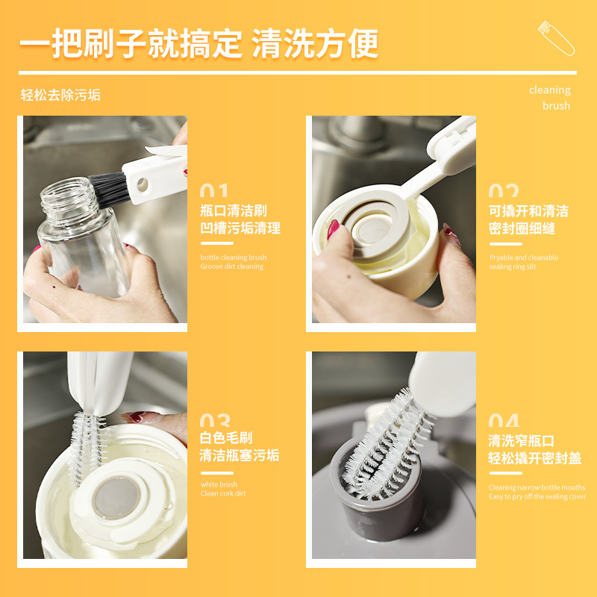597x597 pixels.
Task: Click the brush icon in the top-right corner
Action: tap(556, 38)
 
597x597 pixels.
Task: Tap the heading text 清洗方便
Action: tap(315, 43)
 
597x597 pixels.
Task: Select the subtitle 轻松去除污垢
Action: tap(60, 95)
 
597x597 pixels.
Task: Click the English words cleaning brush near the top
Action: tap(550, 98)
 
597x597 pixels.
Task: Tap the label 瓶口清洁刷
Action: tap(233, 210)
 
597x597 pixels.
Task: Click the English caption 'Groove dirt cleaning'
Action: tap(231, 266)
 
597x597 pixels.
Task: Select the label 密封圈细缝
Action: tap(522, 228)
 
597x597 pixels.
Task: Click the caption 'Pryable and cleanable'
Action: tap(524, 257)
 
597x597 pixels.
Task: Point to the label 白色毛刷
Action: tap(226, 438)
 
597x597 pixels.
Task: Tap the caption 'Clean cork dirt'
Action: tap(223, 493)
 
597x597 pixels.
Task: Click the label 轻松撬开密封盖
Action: tap(534, 458)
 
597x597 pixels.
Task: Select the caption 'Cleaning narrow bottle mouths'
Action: tap(537, 487)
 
